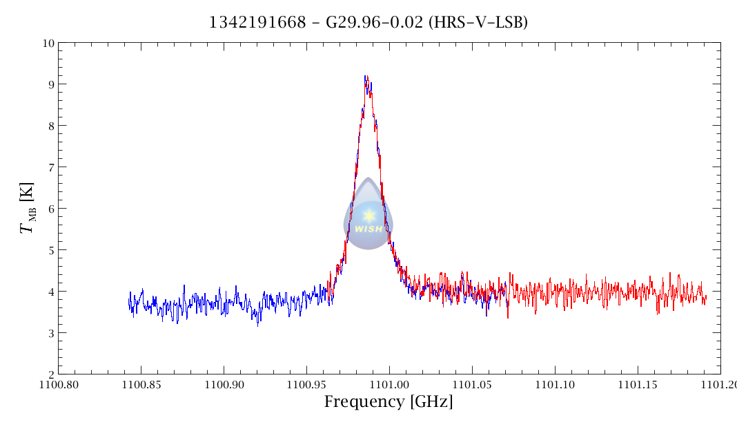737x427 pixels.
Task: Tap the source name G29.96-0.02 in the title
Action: coord(360,23)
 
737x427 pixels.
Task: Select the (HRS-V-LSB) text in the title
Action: coord(478,23)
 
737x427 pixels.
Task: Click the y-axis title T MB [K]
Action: coord(30,208)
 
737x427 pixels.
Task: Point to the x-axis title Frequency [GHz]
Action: coord(389,402)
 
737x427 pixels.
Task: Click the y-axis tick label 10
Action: coord(48,43)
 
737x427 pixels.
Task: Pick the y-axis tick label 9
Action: coord(50,84)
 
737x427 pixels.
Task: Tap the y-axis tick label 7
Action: coord(50,167)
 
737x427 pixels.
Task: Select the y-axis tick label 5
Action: coord(50,250)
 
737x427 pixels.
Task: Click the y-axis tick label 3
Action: coord(50,333)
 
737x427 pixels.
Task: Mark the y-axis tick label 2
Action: coord(50,374)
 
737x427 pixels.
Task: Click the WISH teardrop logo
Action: coord(368,216)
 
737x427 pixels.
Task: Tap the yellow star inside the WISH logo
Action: coord(368,216)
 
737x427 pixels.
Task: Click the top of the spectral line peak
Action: coord(366,77)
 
